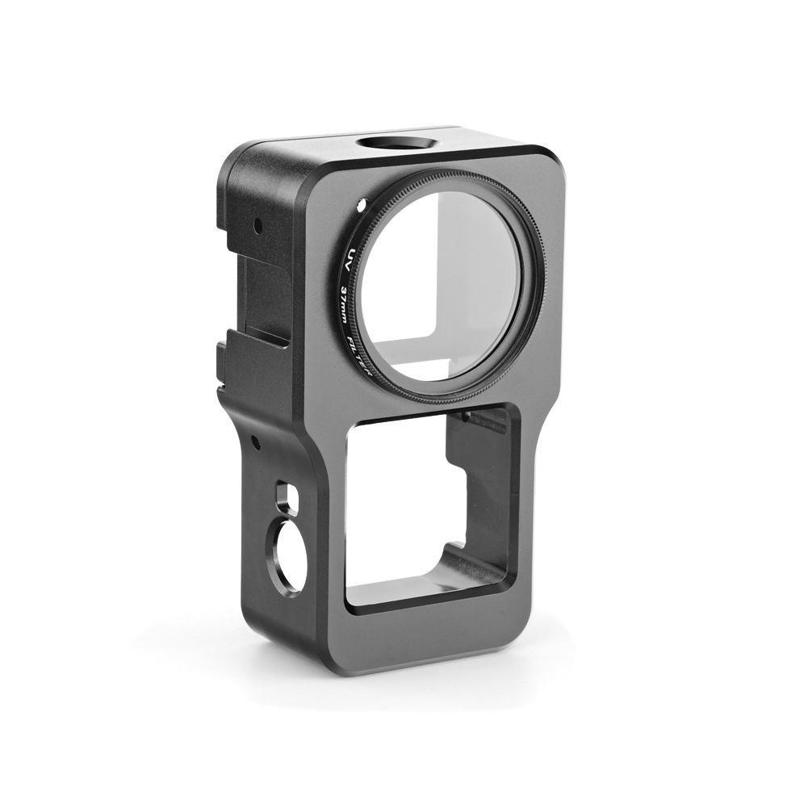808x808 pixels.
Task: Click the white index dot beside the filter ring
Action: tap(360, 206)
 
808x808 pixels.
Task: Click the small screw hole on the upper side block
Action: tap(257, 226)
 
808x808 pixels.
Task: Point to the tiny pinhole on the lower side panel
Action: tap(253, 441)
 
